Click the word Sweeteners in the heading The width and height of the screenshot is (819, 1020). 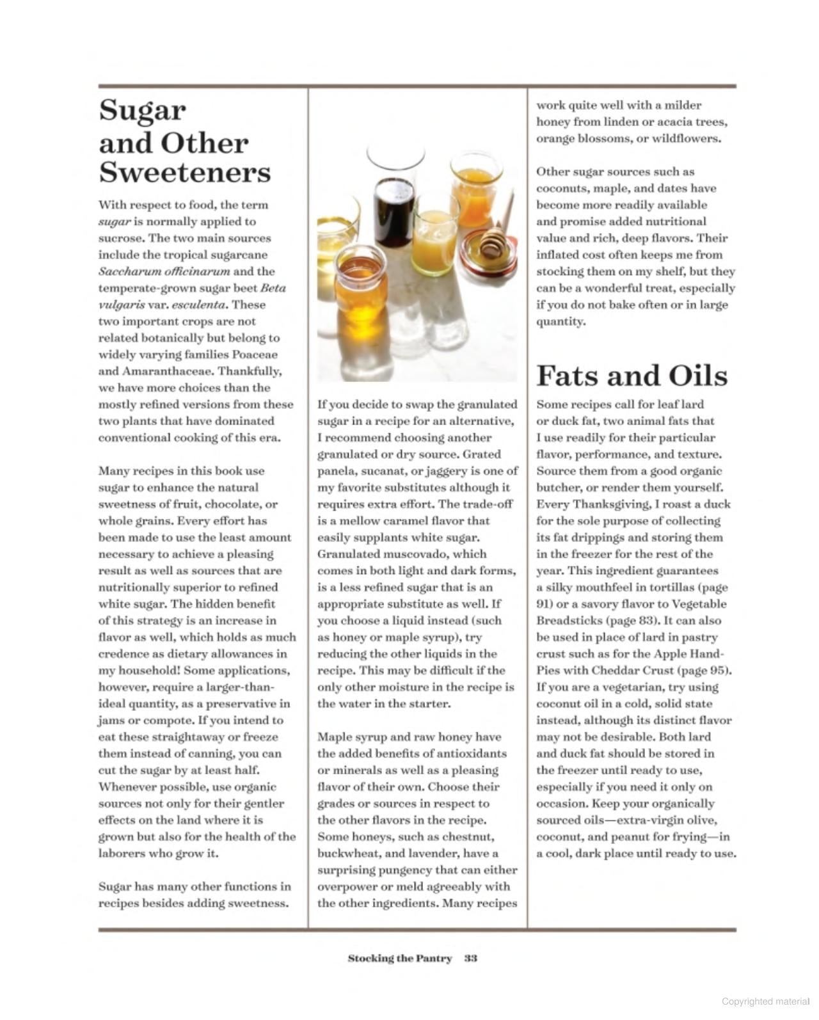point(185,171)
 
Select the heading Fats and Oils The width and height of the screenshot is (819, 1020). point(632,376)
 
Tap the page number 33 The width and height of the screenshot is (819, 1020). point(471,958)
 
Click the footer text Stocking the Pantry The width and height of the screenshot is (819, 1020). point(400,958)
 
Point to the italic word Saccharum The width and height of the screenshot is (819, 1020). point(132,271)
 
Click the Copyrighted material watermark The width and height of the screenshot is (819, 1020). point(765,1001)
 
